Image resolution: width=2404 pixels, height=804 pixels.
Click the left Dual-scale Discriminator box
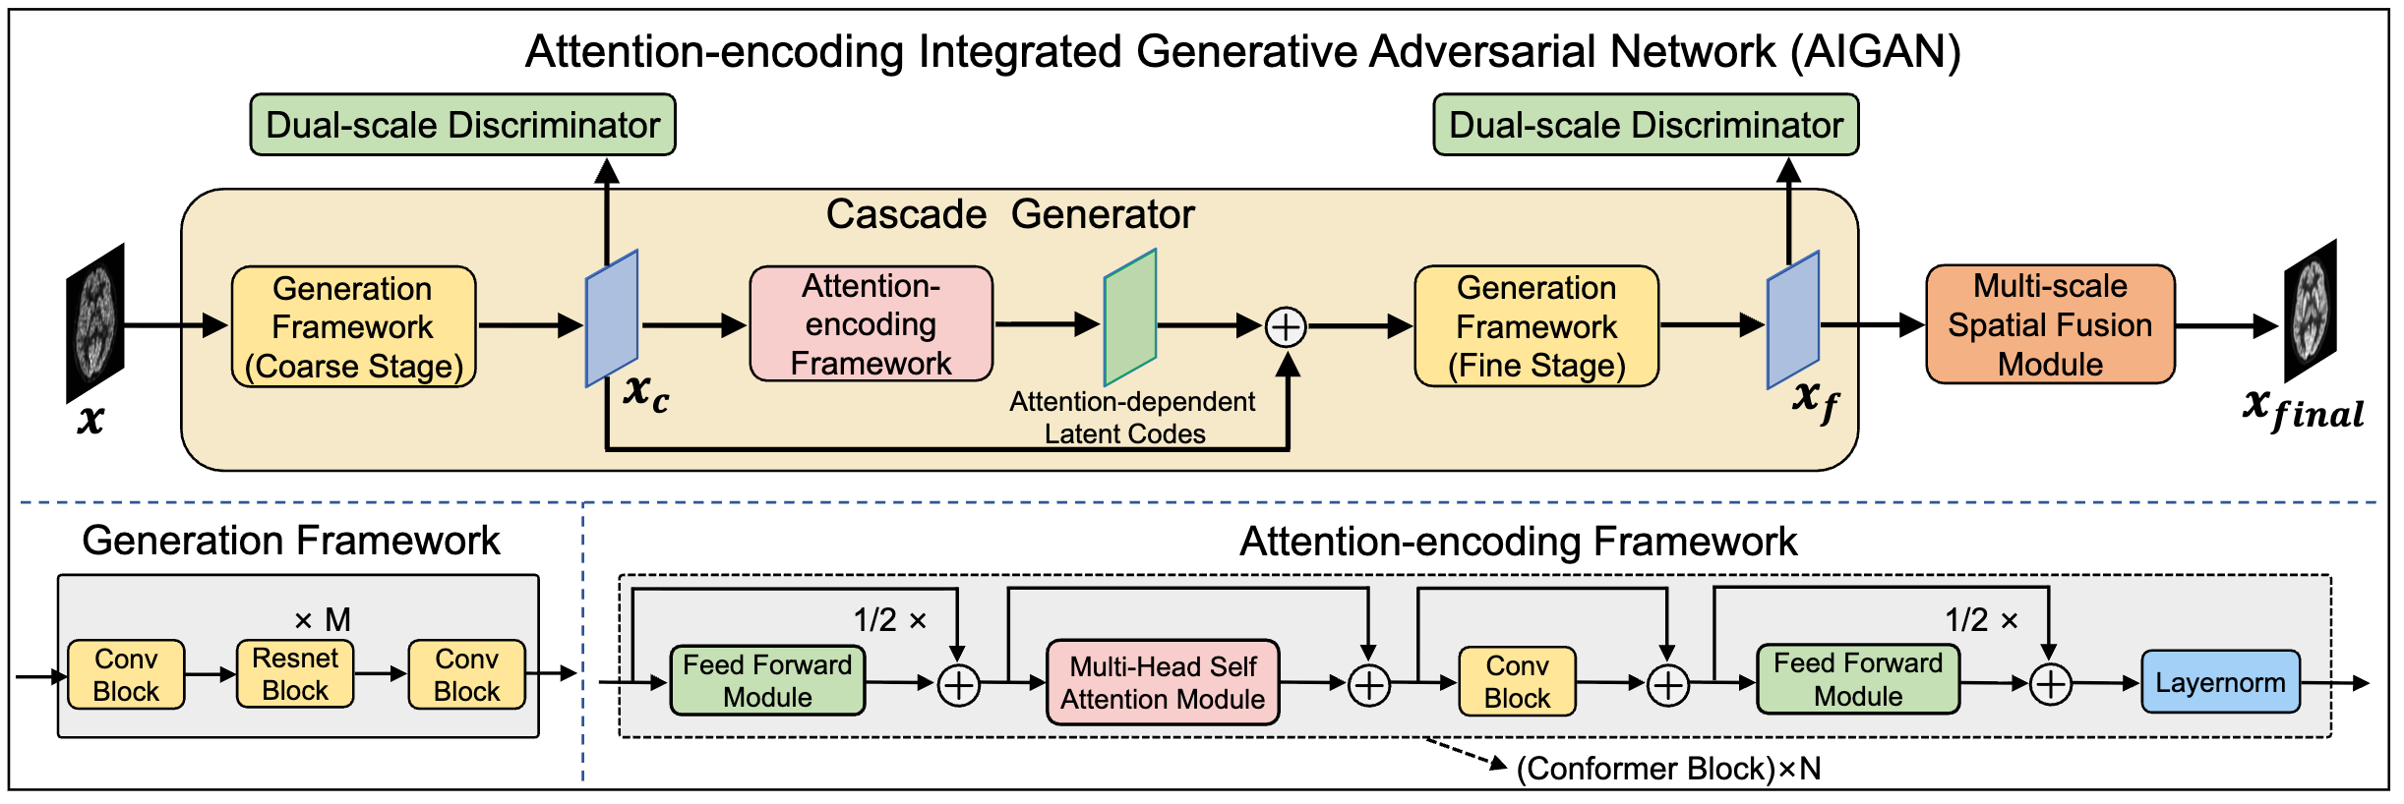462,125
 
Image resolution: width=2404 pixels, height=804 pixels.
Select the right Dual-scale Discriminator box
1646,125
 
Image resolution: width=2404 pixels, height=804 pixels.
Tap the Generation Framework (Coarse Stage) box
353,326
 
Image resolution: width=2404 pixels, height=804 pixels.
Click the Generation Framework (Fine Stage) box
1535,326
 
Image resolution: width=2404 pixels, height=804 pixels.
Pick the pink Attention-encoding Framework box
871,324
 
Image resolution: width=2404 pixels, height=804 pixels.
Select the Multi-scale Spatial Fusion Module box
2050,324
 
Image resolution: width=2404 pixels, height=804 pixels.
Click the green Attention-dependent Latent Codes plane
1129,317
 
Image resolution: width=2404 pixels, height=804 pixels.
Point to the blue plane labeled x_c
612,318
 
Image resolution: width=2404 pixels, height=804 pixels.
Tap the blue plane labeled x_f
1792,320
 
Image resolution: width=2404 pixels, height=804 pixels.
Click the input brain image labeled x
95,322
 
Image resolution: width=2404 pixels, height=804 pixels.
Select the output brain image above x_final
2310,311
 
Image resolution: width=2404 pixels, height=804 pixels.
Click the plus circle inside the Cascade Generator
1286,327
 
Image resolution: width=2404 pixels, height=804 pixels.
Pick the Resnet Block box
295,674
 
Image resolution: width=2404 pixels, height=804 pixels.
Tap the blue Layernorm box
2220,682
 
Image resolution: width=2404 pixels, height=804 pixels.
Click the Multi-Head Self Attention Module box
1163,683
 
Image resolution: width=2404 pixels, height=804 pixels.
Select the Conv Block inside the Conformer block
1517,682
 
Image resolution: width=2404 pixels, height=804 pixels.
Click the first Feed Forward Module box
767,681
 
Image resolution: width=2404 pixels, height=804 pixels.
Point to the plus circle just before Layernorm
2051,684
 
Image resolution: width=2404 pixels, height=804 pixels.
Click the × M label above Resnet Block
323,620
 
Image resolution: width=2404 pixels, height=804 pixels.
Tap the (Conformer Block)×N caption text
1668,769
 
